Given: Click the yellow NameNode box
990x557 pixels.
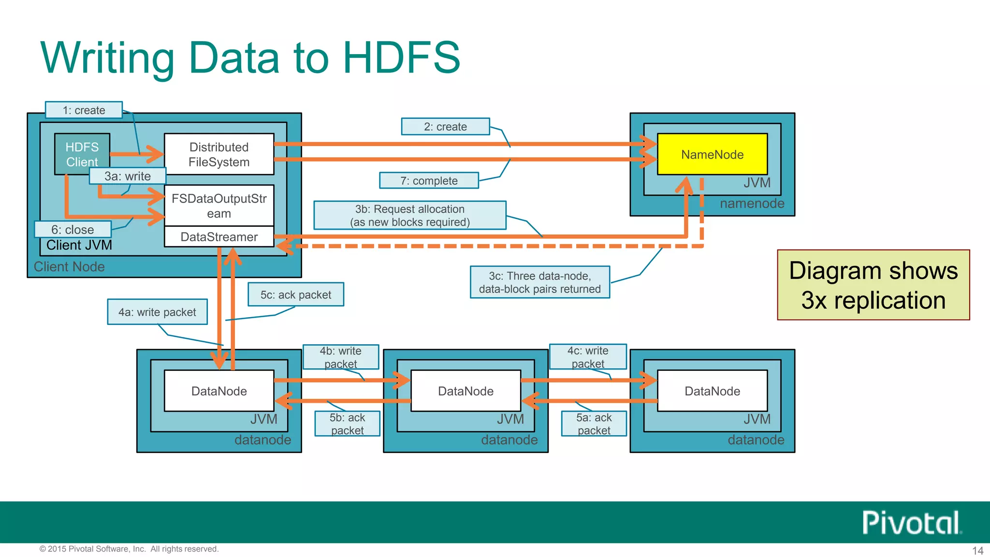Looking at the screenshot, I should pyautogui.click(x=712, y=154).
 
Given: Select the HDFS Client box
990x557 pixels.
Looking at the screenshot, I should pyautogui.click(x=82, y=149).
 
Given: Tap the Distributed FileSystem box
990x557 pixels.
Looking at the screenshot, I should pyautogui.click(x=219, y=154).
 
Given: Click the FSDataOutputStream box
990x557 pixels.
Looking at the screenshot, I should pyautogui.click(x=219, y=205).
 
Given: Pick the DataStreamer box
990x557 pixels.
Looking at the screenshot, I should pyautogui.click(x=219, y=237).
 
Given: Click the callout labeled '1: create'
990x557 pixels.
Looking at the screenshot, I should pyautogui.click(x=84, y=110).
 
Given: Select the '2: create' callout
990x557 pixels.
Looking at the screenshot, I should pyautogui.click(x=445, y=127).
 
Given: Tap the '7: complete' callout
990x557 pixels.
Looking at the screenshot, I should pyautogui.click(x=429, y=181).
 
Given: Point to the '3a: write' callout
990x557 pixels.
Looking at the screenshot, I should pyautogui.click(x=128, y=176).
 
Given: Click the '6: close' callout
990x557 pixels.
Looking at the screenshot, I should pyautogui.click(x=73, y=229).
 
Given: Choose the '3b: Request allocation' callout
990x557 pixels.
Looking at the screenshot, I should pyautogui.click(x=410, y=215).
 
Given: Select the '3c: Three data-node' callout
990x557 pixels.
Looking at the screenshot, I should pyautogui.click(x=539, y=282).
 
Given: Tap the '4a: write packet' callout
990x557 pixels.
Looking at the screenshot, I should pyautogui.click(x=157, y=312).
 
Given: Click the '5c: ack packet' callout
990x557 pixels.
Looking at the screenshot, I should pyautogui.click(x=296, y=294).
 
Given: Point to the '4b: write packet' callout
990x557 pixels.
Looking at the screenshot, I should pyautogui.click(x=340, y=357).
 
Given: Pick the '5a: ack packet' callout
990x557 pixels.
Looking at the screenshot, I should pyautogui.click(x=594, y=424).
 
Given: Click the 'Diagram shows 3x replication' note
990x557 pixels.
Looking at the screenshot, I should pyautogui.click(x=873, y=285).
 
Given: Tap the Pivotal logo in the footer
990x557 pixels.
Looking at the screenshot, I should pyautogui.click(x=911, y=523).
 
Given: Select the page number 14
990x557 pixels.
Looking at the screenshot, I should pyautogui.click(x=977, y=551).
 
